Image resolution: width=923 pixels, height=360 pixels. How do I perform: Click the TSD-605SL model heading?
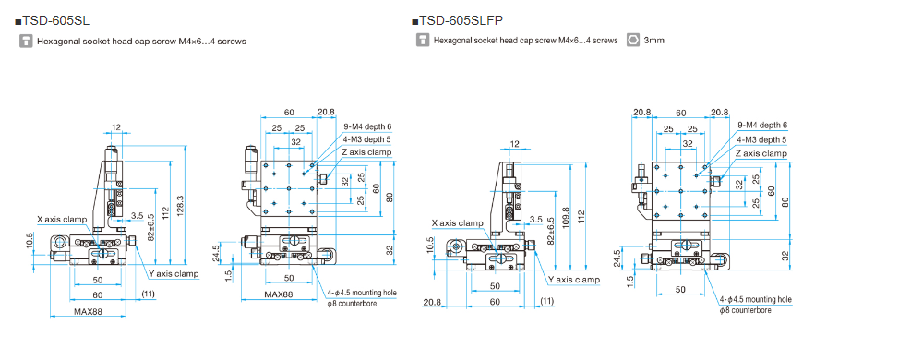click(53, 21)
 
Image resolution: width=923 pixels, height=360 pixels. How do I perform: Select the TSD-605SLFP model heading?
click(458, 21)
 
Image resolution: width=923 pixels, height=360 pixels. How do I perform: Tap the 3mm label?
click(654, 41)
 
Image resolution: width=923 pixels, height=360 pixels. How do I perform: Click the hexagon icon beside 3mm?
click(633, 41)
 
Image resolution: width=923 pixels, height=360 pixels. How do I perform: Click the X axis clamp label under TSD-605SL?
click(62, 220)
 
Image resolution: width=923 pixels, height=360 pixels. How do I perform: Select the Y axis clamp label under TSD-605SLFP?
click(574, 280)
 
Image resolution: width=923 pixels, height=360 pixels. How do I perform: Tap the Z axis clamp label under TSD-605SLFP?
click(761, 153)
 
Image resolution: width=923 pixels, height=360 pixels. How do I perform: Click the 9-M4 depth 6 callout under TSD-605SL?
click(367, 126)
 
